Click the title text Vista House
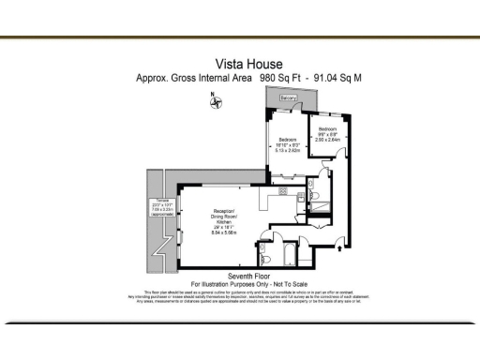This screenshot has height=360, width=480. (240, 64)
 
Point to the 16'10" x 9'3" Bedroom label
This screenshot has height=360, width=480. (287, 144)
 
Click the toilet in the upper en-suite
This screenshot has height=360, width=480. (315, 196)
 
